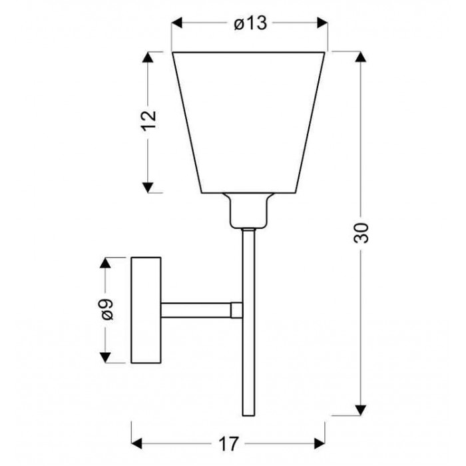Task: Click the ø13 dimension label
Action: pos(250,23)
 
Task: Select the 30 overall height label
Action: pos(361,233)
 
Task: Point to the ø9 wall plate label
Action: pos(107,310)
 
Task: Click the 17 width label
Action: pos(228,444)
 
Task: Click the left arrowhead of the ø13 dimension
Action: pos(177,23)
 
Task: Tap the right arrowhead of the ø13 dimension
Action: pos(322,23)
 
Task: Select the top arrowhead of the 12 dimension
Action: pos(148,57)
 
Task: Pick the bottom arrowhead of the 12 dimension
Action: pos(148,188)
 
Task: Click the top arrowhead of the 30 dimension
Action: pos(361,57)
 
